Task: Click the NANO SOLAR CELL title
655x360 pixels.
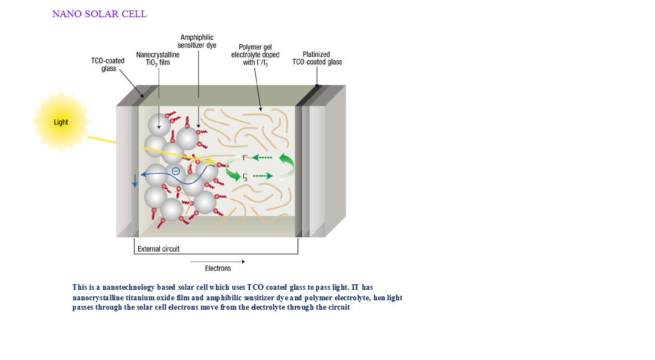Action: [99, 14]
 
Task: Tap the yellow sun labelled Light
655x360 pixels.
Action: [61, 122]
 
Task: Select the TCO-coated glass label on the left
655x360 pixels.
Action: [108, 64]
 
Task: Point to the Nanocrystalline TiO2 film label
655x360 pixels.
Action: [158, 59]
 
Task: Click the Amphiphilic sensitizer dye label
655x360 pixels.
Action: [197, 41]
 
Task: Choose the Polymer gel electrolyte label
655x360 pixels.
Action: [255, 55]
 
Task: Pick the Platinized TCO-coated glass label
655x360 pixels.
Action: [317, 58]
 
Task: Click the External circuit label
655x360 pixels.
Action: [158, 249]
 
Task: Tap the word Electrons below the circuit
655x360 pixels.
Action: [218, 268]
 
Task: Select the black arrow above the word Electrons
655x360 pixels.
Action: [218, 262]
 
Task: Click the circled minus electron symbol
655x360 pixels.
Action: [176, 171]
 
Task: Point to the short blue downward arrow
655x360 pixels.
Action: [135, 180]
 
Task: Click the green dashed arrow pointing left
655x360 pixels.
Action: [262, 158]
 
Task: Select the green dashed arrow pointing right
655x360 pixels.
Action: [263, 176]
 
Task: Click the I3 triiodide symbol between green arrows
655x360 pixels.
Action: [245, 177]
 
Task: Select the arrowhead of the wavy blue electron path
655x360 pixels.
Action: [144, 174]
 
